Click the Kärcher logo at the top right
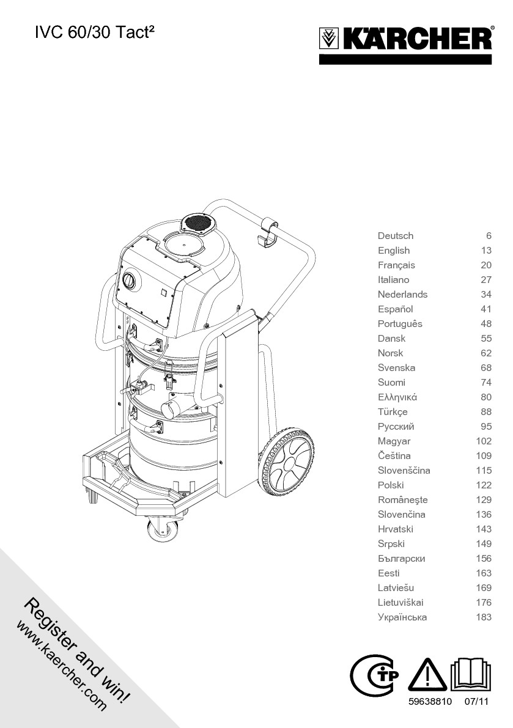[405, 40]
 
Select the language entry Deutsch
[395, 236]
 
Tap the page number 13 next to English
[485, 251]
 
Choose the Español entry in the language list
[395, 309]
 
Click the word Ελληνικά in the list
[397, 397]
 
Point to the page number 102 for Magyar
[483, 441]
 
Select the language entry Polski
[391, 485]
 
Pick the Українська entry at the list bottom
[402, 617]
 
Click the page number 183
[483, 617]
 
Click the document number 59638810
[429, 702]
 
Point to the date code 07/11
[477, 702]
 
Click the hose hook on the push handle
[267, 232]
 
